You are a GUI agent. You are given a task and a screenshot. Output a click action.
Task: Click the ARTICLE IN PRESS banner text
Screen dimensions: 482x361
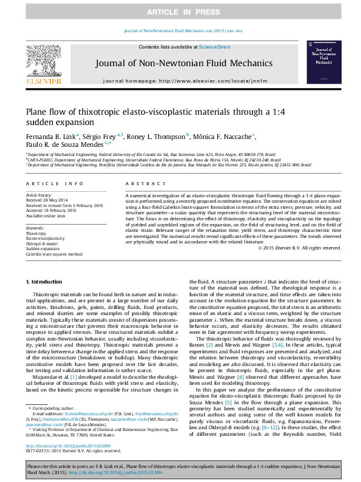pos(180,12)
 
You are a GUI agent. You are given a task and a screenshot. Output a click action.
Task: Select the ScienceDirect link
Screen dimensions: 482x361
pos(215,47)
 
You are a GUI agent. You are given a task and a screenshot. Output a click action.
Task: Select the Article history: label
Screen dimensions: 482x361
pos(39,195)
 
